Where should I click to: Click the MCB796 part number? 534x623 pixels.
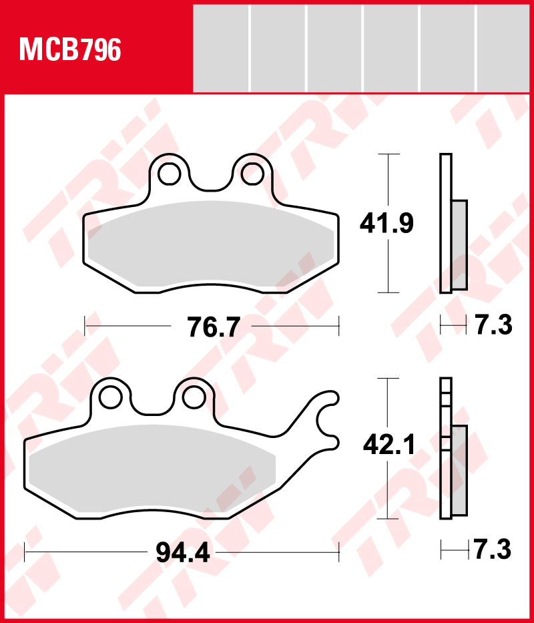tap(70, 49)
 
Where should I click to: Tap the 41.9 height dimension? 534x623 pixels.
tap(386, 223)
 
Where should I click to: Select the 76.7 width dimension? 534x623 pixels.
tap(214, 327)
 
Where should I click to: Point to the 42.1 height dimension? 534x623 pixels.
tap(389, 445)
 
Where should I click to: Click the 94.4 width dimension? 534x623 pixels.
tap(183, 552)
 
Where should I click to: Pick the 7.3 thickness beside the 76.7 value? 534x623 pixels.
tap(494, 325)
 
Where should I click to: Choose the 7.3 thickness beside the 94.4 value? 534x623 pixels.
tap(493, 550)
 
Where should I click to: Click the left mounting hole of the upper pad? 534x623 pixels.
tap(170, 174)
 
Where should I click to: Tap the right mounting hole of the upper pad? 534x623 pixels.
tap(252, 174)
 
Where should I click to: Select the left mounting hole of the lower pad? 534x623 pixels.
tap(110, 397)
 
